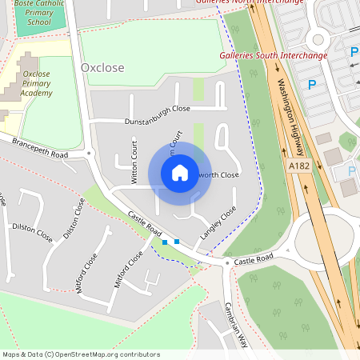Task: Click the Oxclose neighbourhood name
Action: [x=102, y=68]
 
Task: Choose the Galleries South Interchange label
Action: [x=274, y=56]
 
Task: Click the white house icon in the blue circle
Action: [x=180, y=173]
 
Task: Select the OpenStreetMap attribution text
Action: [x=81, y=354]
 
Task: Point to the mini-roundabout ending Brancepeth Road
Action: [x=90, y=152]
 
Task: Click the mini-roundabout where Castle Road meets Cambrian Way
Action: [x=227, y=262]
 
